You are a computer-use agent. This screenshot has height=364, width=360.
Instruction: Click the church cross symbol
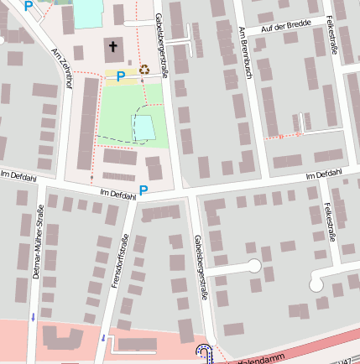pos(113,47)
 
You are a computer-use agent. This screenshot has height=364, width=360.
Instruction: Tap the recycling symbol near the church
pos(144,70)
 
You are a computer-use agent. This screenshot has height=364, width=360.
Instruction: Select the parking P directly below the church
pos(120,76)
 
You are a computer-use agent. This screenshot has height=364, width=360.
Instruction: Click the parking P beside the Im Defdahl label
pos(143,191)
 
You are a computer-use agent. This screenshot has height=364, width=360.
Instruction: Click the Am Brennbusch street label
pos(246,53)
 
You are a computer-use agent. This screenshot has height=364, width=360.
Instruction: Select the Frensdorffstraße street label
pos(118,263)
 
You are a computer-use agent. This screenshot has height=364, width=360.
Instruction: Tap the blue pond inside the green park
pos(144,128)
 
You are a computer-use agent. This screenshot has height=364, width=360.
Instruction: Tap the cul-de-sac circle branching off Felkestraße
pos(317,283)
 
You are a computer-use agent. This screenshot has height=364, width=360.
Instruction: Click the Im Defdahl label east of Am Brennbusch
pos(325,174)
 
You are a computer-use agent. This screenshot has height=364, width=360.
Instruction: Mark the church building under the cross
pos(113,49)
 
